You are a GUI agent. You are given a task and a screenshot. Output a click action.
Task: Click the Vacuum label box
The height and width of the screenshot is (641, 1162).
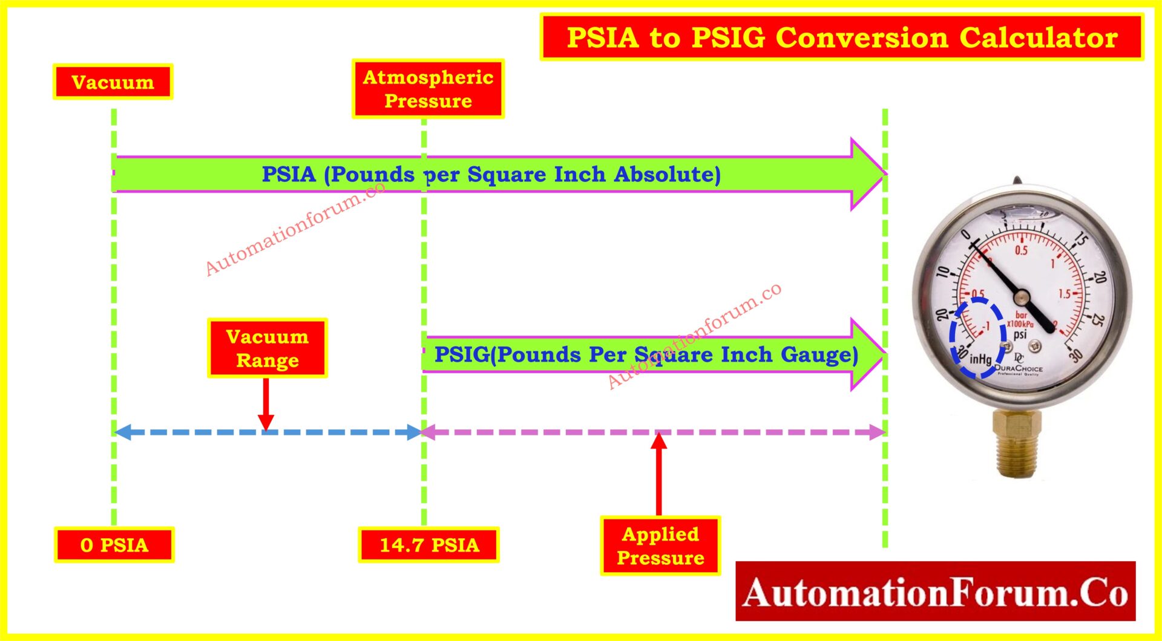tap(113, 82)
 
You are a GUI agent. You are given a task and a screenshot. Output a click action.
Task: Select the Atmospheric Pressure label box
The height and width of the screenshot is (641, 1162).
tap(428, 89)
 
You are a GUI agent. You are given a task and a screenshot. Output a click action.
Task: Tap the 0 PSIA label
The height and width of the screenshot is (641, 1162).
tap(114, 545)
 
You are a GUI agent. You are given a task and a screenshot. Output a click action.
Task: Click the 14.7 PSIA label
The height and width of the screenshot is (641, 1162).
tap(429, 545)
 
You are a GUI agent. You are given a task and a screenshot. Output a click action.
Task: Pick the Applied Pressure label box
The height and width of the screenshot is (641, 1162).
tap(660, 545)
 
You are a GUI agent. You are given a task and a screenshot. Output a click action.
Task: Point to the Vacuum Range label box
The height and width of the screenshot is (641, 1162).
tap(267, 348)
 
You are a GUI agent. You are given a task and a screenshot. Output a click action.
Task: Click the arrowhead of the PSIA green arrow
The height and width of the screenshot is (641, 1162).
tap(867, 174)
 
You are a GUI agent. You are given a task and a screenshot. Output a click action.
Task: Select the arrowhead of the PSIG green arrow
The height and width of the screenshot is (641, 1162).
tap(867, 354)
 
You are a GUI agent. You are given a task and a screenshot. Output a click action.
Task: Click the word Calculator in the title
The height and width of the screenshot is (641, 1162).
tap(1038, 37)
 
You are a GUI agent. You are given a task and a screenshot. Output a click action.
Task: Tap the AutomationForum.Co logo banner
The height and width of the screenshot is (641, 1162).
tap(935, 591)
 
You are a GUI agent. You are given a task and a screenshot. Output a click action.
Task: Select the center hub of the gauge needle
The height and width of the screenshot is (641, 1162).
tap(1022, 297)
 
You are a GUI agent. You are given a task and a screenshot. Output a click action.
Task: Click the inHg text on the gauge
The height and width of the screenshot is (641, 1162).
tap(980, 359)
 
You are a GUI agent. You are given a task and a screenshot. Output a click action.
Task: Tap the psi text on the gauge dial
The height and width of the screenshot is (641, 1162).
tap(1020, 334)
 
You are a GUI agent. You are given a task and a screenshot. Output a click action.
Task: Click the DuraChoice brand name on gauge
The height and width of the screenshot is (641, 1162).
tap(1019, 368)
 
